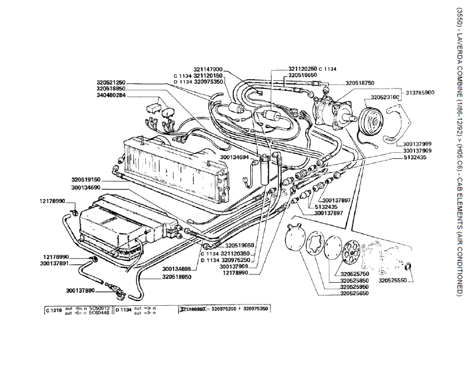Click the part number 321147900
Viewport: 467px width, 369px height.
[x=208, y=69]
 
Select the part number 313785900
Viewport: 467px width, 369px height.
[x=420, y=93]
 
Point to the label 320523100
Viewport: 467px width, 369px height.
[x=386, y=97]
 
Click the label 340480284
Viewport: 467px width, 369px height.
[x=112, y=95]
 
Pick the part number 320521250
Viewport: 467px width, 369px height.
[x=112, y=82]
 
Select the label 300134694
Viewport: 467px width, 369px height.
[x=241, y=158]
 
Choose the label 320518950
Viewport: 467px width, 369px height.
[x=178, y=276]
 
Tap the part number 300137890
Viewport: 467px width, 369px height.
[x=81, y=290]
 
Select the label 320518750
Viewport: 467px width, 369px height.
[x=360, y=84]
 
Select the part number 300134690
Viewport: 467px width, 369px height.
[x=87, y=188]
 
